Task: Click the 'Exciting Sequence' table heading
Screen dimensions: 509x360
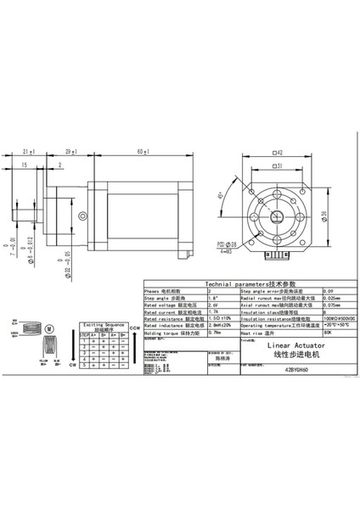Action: [102, 325]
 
